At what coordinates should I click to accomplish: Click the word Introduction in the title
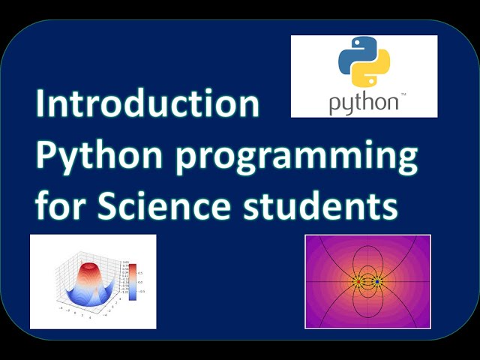(x=148, y=105)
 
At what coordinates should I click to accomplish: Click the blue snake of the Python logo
(x=353, y=57)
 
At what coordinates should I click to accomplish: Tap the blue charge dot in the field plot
(x=377, y=282)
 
